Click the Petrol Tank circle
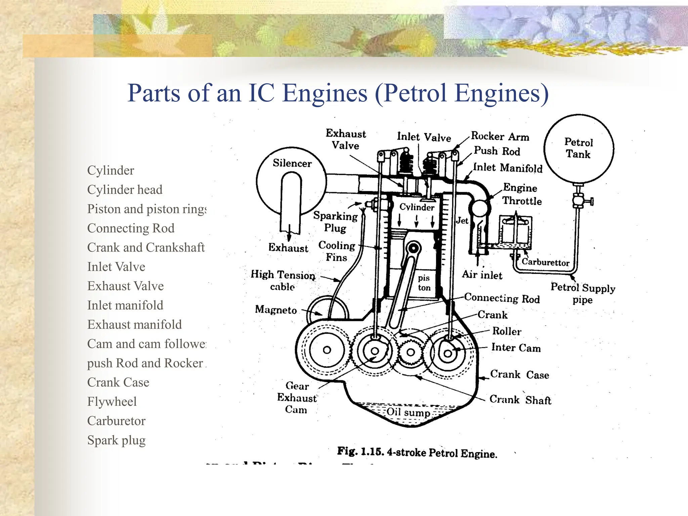click(578, 148)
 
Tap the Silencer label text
click(292, 163)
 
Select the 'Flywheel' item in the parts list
click(112, 402)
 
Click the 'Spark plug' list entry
click(116, 440)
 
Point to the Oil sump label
click(408, 412)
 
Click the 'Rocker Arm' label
click(500, 136)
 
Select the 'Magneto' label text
click(276, 309)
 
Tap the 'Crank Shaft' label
click(520, 400)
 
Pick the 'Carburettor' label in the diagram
click(545, 262)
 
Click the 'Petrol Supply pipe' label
click(583, 293)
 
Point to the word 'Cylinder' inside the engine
click(417, 207)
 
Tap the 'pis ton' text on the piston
click(424, 283)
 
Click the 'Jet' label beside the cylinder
click(462, 221)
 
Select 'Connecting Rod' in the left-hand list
click(131, 228)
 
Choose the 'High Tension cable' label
click(283, 280)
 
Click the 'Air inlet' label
click(482, 275)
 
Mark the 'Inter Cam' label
click(516, 347)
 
